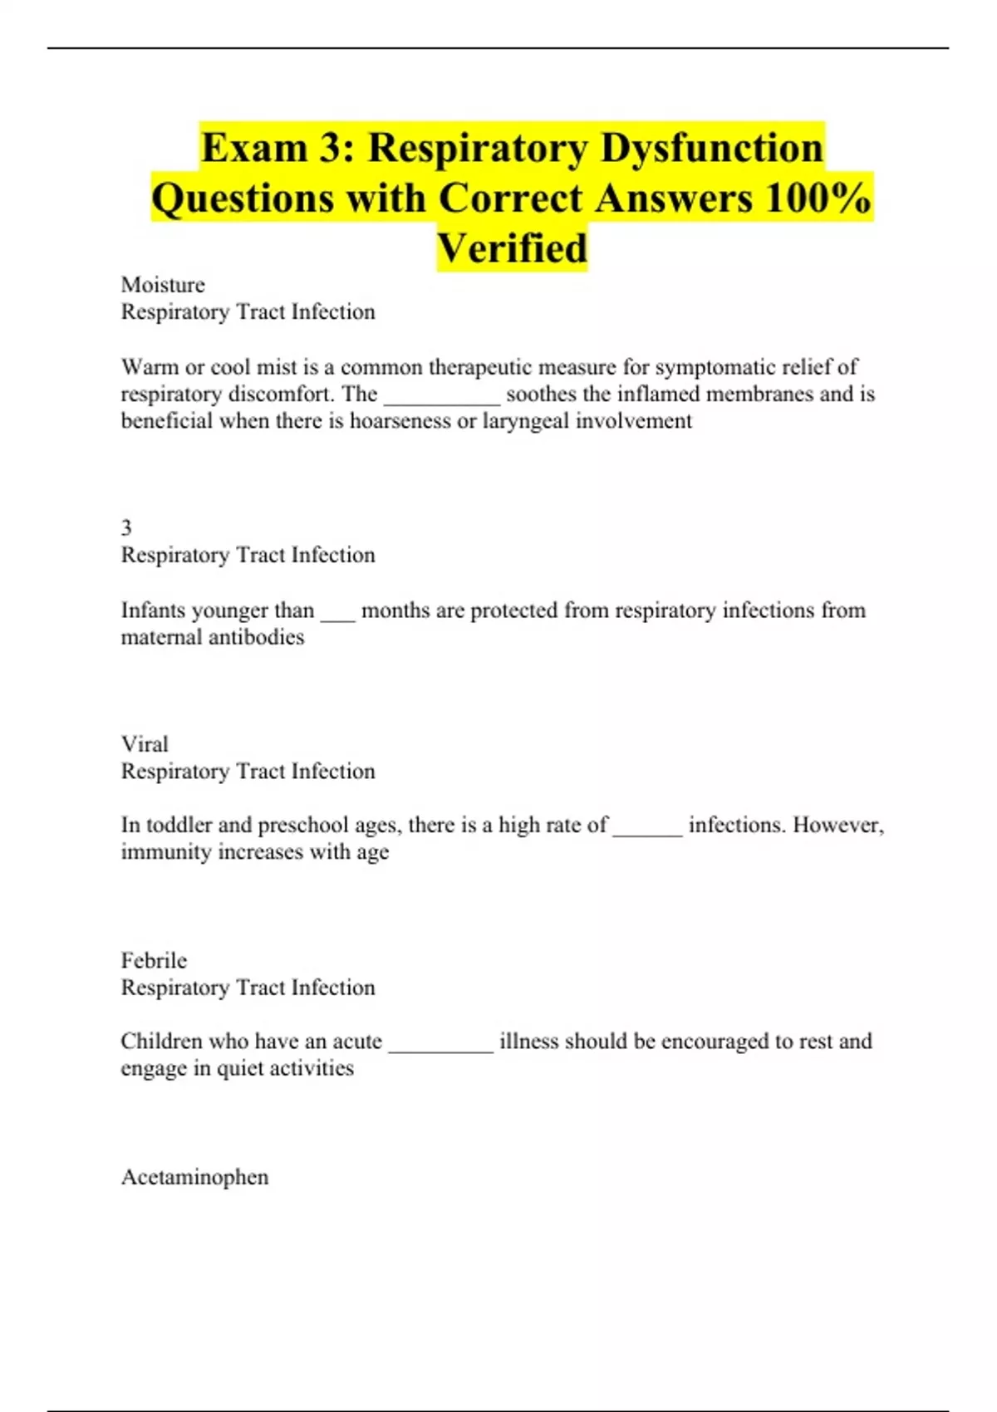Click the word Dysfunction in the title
coord(711,148)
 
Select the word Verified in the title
coord(512,248)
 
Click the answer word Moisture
coord(163,285)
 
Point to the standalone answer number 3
coord(126,527)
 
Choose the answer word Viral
coord(145,743)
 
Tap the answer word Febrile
coord(154,960)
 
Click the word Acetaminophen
coord(194,1177)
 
